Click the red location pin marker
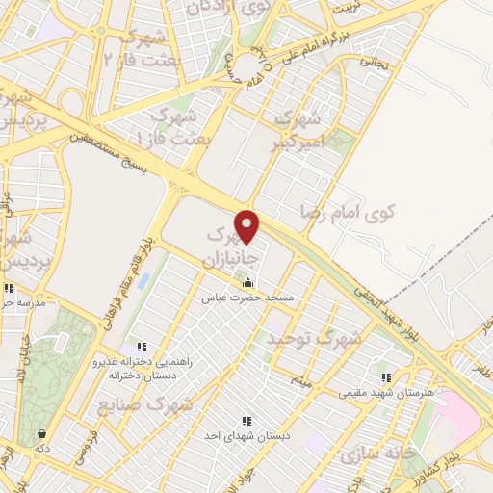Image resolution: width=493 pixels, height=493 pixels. pos(247,226)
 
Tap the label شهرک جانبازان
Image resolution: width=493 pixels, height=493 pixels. pos(228,247)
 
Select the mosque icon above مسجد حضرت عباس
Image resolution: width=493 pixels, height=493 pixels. pos(248,283)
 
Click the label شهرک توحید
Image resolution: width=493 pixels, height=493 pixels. pos(315,339)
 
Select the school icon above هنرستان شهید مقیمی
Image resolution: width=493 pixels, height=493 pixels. pos(386,377)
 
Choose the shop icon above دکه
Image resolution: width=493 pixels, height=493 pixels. pos(42,432)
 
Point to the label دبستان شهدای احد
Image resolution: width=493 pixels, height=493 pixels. pos(246,436)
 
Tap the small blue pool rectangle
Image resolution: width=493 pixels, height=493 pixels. pos(143,284)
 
